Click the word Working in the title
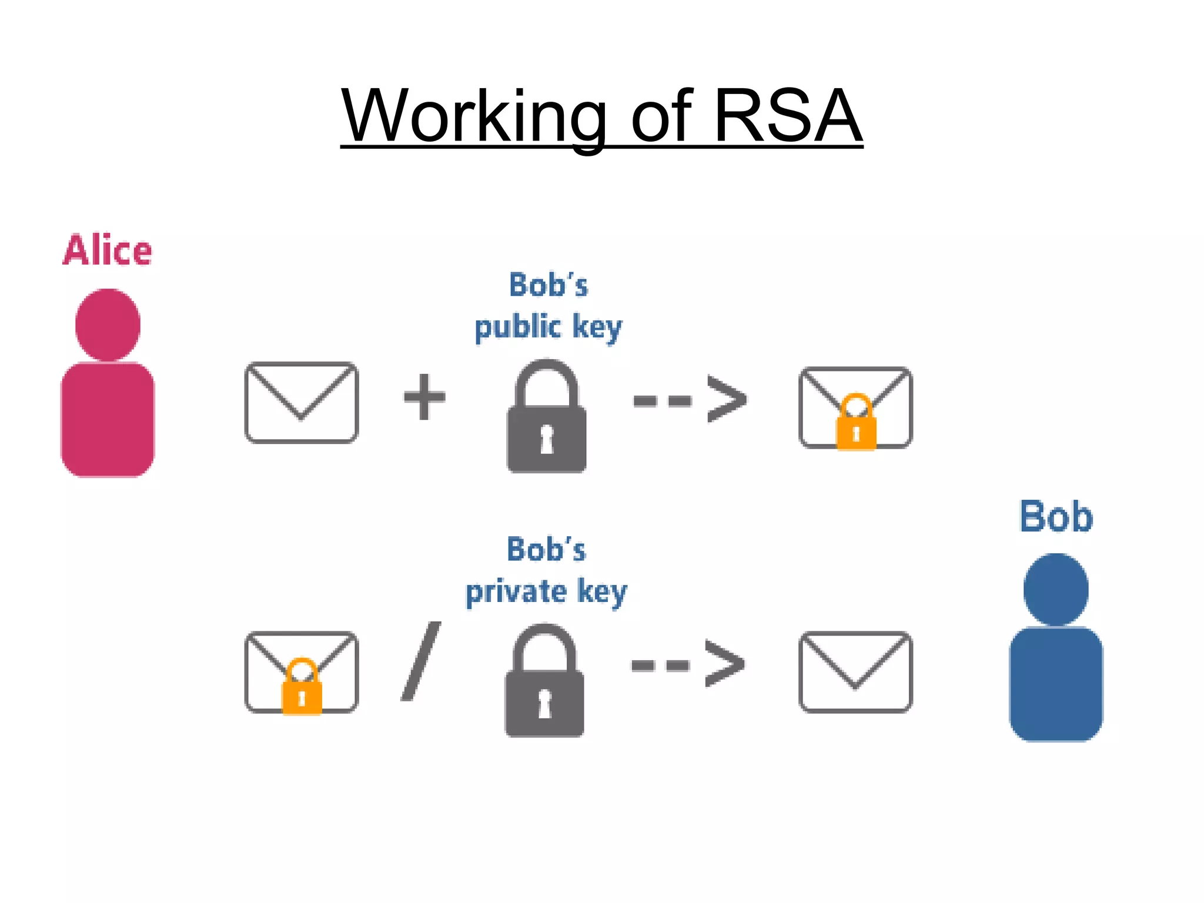pos(474,116)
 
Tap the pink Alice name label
pos(107,250)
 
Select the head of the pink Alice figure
pos(108,325)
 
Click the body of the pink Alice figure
pos(108,419)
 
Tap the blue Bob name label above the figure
pos(1056,517)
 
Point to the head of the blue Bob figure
pos(1056,589)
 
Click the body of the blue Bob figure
pos(1056,683)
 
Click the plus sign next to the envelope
pos(424,397)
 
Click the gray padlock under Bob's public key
pos(547,417)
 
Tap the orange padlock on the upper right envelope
pos(856,423)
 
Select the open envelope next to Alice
pos(301,402)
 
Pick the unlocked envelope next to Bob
pos(855,671)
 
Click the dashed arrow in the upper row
pos(690,400)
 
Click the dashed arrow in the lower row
pos(688,664)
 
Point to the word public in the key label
pos(517,327)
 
